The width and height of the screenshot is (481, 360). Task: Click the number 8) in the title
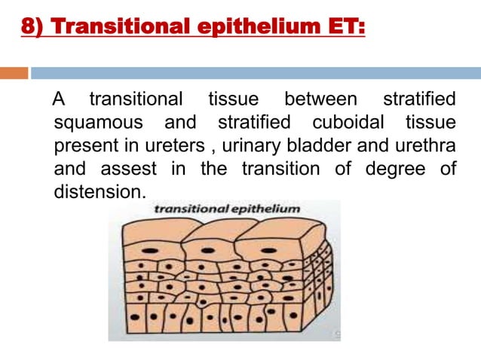click(31, 29)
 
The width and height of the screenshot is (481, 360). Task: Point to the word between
click(322, 99)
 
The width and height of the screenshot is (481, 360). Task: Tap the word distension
click(99, 191)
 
